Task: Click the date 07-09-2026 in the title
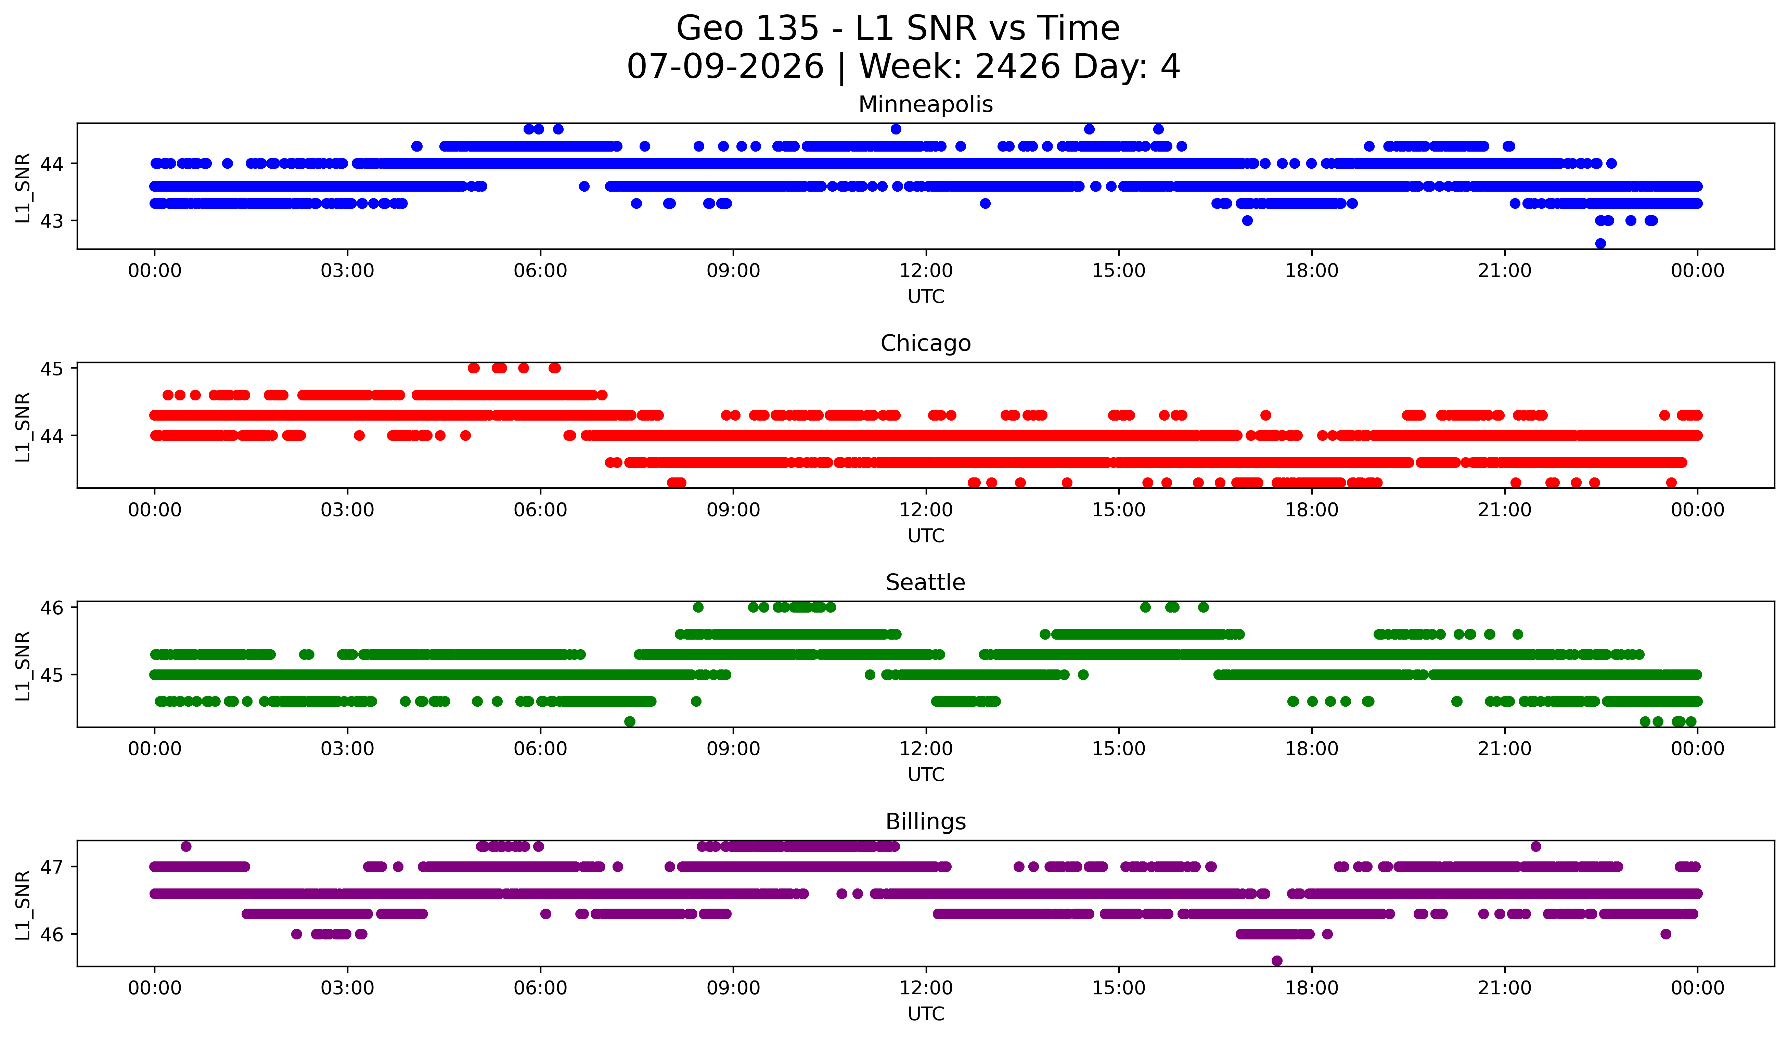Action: click(725, 67)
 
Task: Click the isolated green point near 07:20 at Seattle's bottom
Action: click(629, 721)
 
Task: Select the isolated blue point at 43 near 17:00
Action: click(1247, 221)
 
